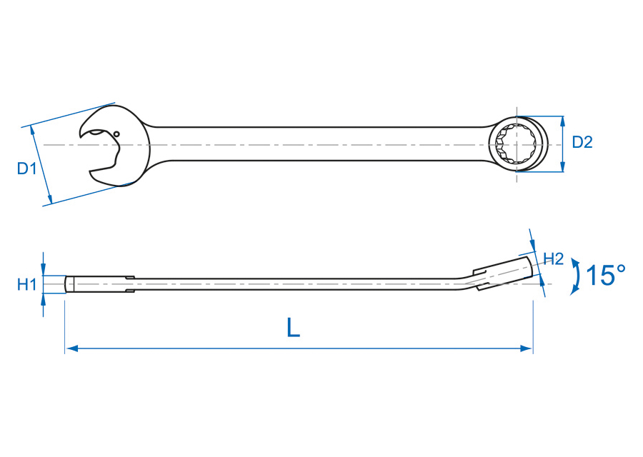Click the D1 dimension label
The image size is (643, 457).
[x=26, y=169]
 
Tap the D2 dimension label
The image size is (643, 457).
[x=582, y=142]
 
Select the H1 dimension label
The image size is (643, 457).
[x=26, y=285]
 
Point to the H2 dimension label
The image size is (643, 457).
[x=554, y=258]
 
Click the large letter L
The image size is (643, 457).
[x=293, y=327]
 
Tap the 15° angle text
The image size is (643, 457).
[x=605, y=275]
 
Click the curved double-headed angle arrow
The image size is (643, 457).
[x=574, y=276]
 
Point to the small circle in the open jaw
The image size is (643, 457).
[x=116, y=134]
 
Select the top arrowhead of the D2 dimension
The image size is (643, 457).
[x=563, y=121]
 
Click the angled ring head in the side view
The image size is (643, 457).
[x=504, y=272]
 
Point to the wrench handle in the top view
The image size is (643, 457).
[x=321, y=144]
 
